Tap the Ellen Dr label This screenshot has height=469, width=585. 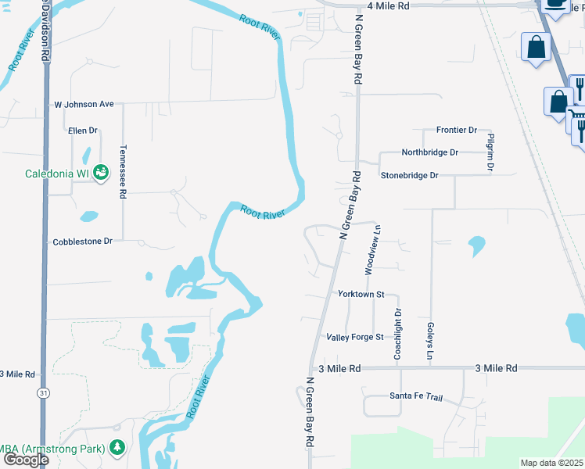82,131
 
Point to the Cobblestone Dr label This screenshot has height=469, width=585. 83,242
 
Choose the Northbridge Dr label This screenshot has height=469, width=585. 429,152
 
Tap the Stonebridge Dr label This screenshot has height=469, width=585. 409,176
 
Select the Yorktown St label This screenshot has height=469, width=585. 361,295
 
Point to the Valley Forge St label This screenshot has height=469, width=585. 355,337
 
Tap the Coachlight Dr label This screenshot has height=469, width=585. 398,335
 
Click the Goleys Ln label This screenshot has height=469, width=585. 430,342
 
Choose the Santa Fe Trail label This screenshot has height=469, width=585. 416,397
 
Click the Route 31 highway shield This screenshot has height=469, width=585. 43,393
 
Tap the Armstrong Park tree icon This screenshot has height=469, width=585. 117,448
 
